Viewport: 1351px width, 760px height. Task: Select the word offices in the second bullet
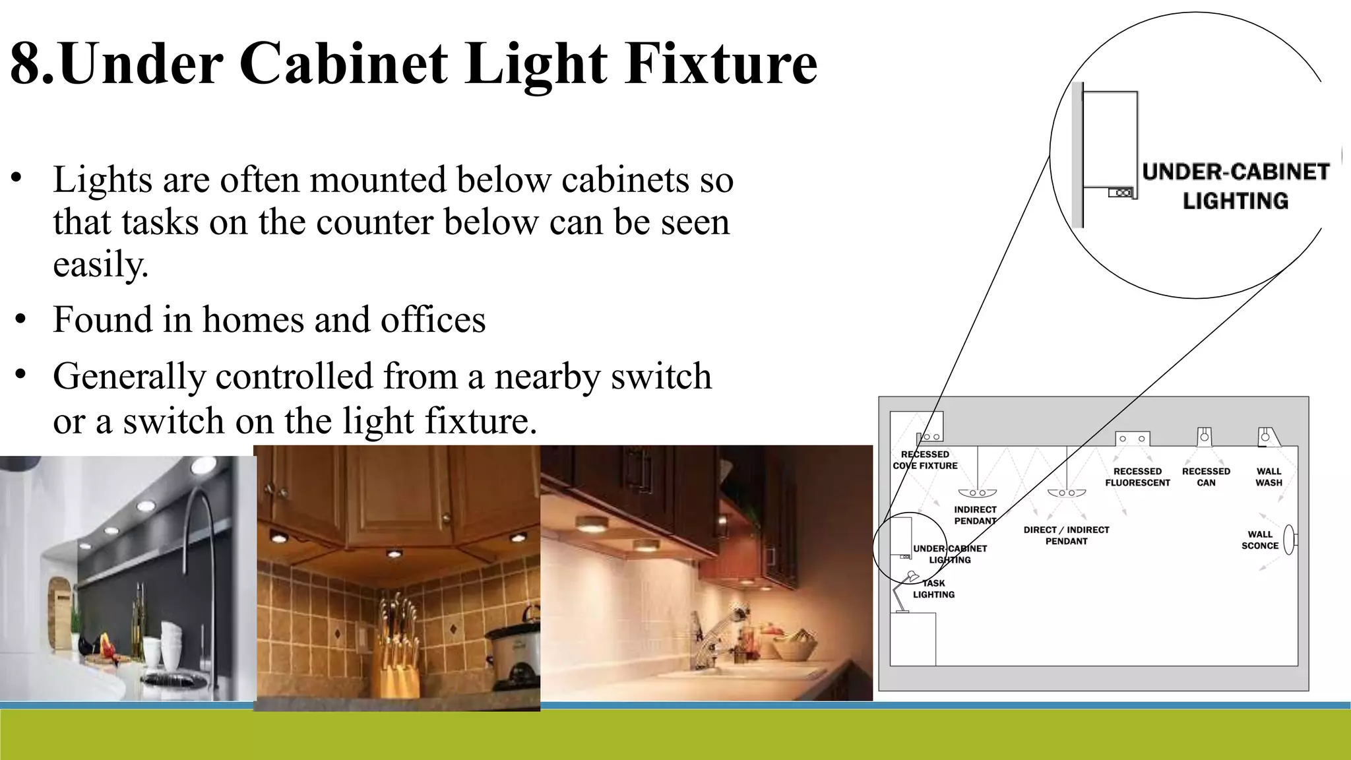click(x=433, y=320)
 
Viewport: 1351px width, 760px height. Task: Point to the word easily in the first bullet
click(x=100, y=266)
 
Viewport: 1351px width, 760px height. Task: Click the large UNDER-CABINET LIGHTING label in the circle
click(x=1235, y=186)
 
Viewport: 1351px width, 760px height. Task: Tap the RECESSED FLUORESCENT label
click(x=1137, y=477)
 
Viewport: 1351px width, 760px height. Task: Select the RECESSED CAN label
click(x=1206, y=477)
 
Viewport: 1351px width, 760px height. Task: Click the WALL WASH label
click(x=1269, y=477)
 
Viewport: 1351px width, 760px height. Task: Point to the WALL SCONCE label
click(x=1259, y=540)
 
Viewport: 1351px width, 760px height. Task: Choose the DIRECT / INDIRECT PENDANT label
click(x=1066, y=536)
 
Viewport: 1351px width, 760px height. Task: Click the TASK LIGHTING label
click(x=933, y=589)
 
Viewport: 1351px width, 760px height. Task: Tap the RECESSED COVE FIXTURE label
click(x=925, y=460)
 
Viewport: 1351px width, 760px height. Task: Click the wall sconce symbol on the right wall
click(x=1290, y=540)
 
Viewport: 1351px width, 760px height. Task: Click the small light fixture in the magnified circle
click(x=1120, y=193)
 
